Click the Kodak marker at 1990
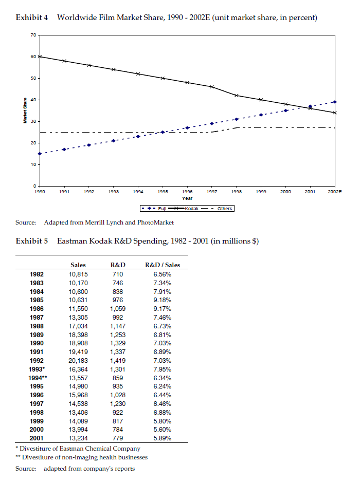tap(40, 57)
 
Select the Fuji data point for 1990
tap(40, 154)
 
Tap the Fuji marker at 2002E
tap(335, 102)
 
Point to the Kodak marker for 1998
tap(237, 96)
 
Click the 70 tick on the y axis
tap(32, 35)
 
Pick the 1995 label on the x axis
tap(163, 191)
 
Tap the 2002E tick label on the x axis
tap(335, 191)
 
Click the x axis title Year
tap(187, 197)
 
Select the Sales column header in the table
tap(78, 265)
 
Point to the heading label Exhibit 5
tap(32, 241)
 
